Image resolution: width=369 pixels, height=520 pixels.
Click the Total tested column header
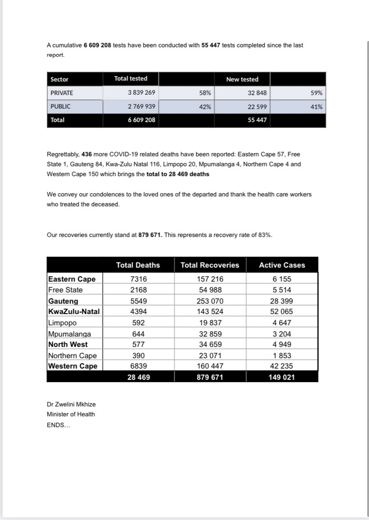130,78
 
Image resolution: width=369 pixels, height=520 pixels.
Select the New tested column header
242,79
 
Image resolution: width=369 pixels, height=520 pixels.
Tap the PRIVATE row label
62,93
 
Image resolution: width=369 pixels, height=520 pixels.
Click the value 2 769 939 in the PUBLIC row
141,107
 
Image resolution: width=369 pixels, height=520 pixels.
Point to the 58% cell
205,93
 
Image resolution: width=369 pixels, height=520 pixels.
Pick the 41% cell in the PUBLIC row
316,107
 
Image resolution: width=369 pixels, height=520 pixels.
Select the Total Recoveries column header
210,265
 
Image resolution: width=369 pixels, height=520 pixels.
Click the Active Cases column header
282,265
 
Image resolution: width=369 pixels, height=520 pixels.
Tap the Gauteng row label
63,301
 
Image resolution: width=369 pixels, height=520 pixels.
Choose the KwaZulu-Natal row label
74,312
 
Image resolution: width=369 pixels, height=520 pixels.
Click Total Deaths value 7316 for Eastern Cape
138,279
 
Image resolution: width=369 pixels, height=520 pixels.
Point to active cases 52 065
282,312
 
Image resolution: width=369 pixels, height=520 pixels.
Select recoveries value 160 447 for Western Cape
210,366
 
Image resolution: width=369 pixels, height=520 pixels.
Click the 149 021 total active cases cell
282,377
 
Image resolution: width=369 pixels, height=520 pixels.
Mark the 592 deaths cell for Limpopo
138,323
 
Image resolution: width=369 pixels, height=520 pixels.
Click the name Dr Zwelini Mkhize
71,405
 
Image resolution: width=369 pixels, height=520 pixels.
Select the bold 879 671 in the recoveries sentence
150,235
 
